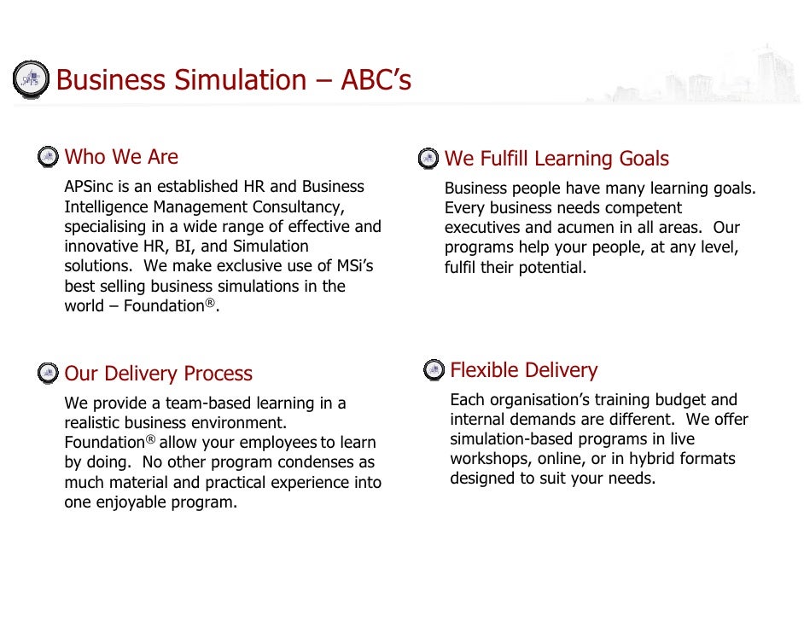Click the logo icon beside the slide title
(x=31, y=78)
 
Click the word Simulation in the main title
(x=241, y=80)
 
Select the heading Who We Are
(x=121, y=157)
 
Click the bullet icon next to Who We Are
(x=49, y=157)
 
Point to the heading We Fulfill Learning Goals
(x=556, y=159)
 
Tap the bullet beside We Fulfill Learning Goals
(x=428, y=159)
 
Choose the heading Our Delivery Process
(x=158, y=374)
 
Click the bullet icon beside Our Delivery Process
(x=49, y=373)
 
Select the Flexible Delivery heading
(x=523, y=370)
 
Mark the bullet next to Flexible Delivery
(x=434, y=369)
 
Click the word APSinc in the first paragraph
(x=89, y=187)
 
